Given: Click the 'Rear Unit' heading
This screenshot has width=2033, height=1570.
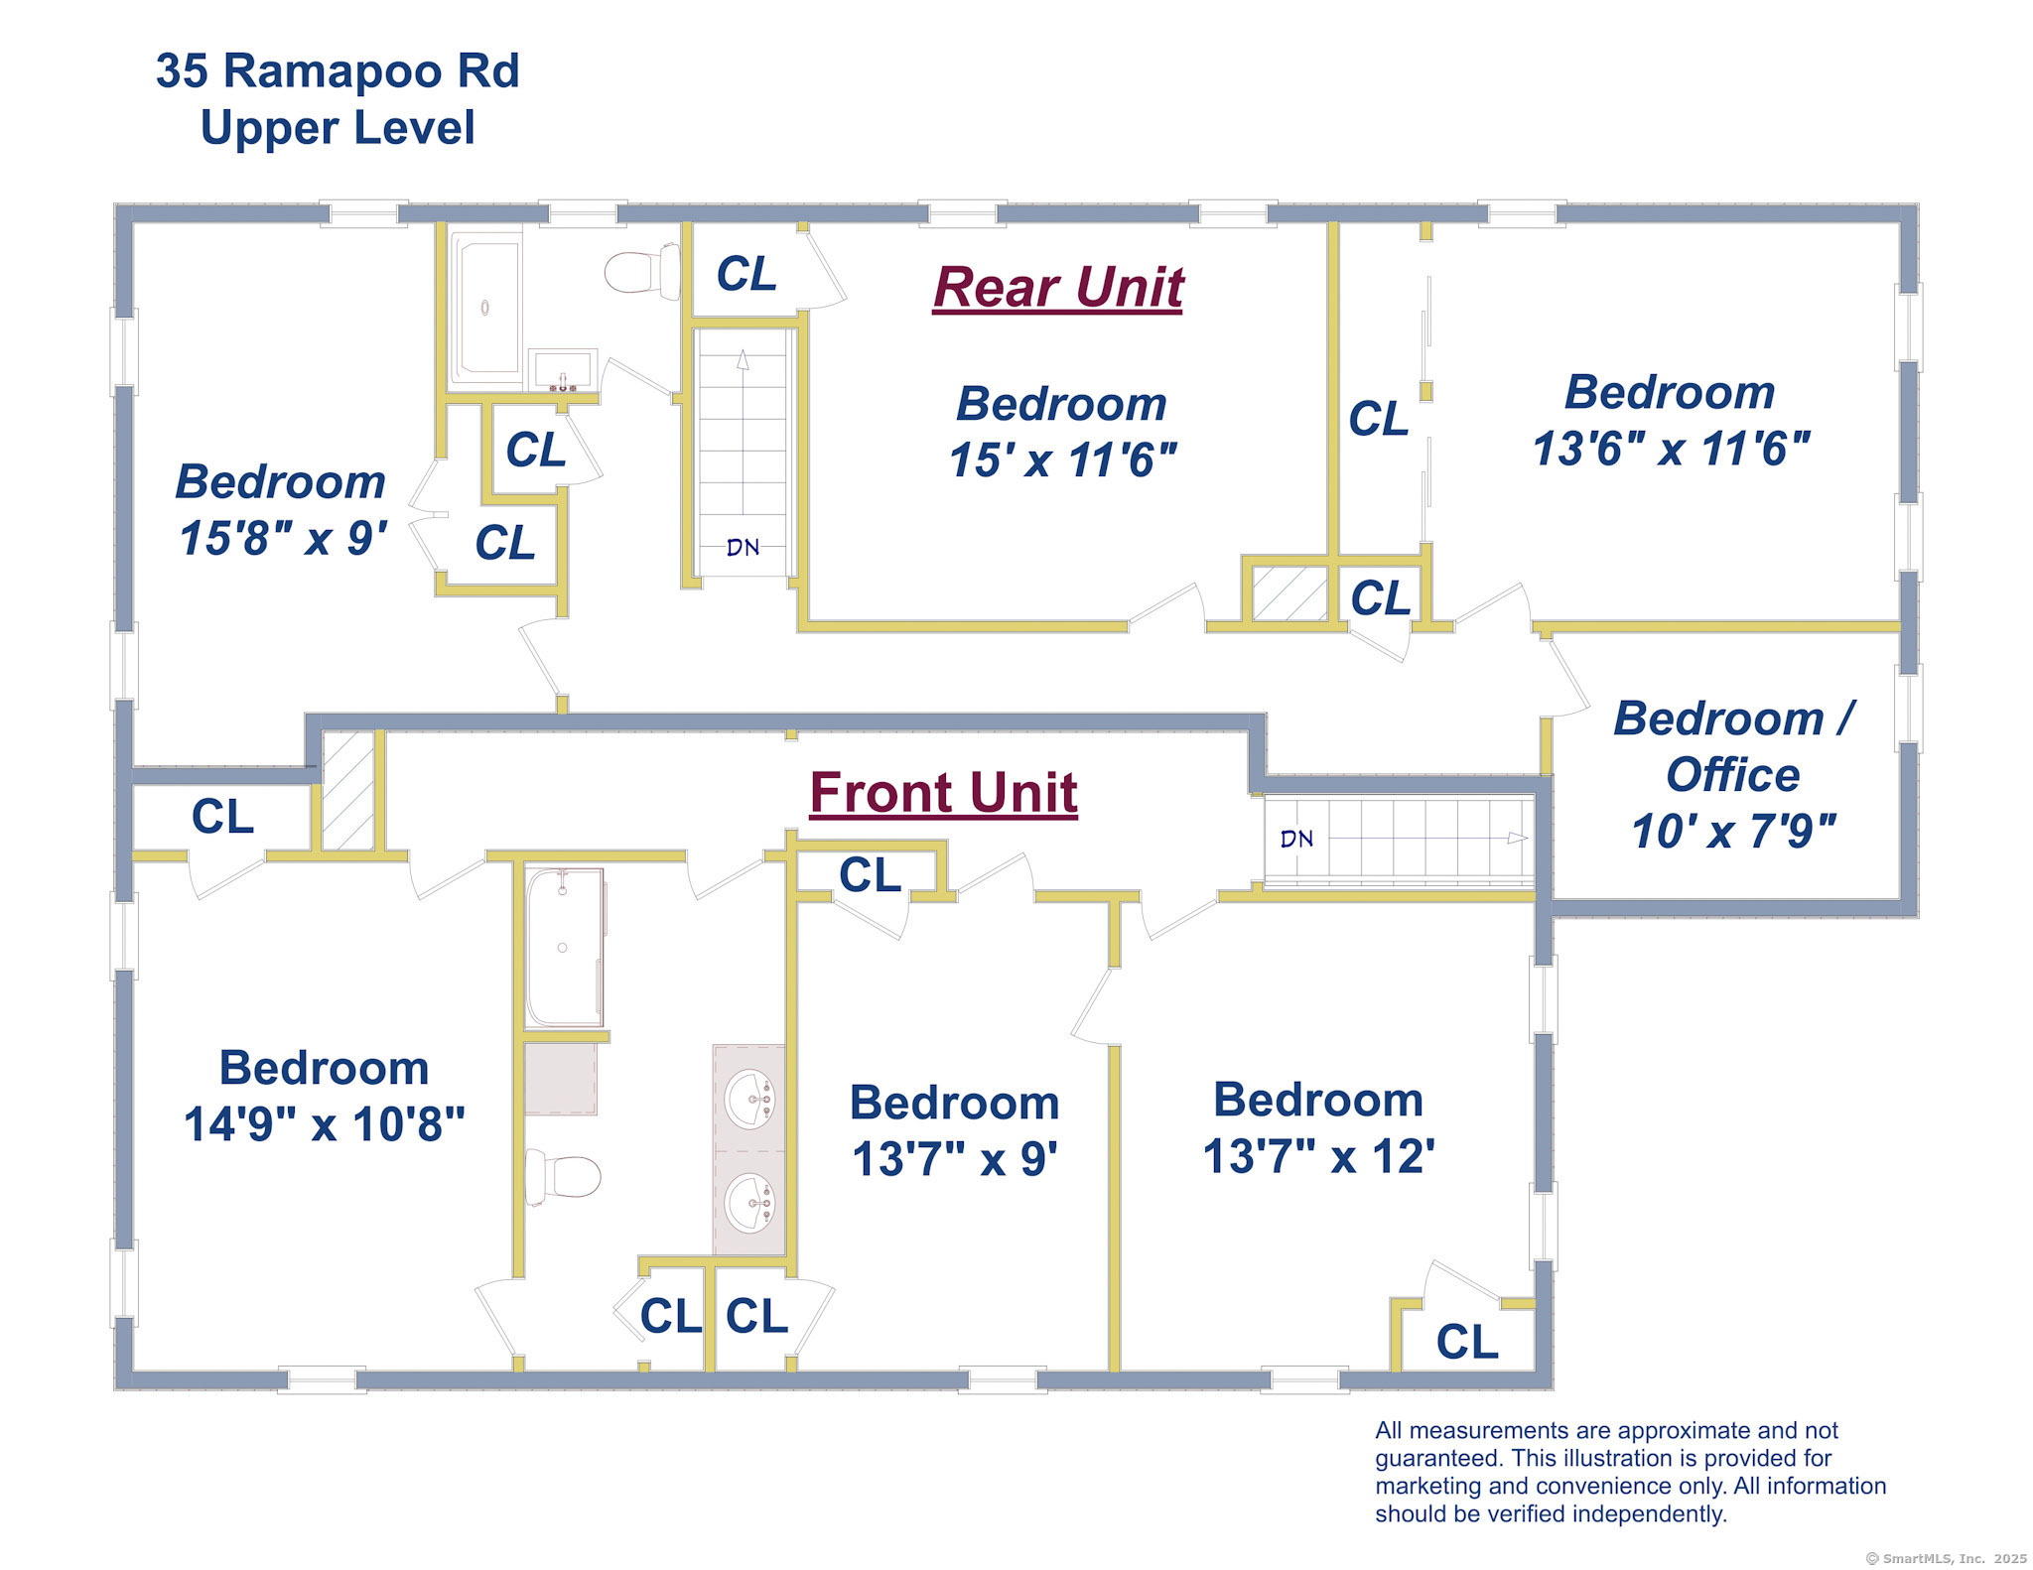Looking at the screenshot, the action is (x=1058, y=288).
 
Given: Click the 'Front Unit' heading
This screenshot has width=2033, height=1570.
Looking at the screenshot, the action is (x=944, y=793).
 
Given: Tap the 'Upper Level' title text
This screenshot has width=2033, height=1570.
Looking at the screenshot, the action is (x=338, y=128).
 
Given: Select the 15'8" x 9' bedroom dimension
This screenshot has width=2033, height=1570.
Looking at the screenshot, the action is (x=283, y=538).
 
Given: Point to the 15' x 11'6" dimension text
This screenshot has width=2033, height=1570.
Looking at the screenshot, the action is (x=1063, y=460).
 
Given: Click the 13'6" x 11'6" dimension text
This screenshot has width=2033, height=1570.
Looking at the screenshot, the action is (x=1672, y=449).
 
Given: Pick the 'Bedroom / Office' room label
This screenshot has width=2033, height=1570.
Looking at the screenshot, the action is (x=1733, y=746).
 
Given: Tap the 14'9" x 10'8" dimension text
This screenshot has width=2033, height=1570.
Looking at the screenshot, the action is (x=325, y=1124).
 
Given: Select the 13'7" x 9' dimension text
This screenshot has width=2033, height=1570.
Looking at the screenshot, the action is (x=955, y=1159).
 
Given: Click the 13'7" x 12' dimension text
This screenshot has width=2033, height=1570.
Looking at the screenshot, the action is (x=1319, y=1156).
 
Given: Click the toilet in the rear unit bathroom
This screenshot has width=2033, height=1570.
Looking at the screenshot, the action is (x=642, y=271).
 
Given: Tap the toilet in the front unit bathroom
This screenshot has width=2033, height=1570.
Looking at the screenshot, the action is (x=563, y=1177).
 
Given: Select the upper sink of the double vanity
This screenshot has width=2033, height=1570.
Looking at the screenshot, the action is (x=749, y=1099).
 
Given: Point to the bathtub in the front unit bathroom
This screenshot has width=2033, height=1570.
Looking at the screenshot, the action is (x=564, y=948).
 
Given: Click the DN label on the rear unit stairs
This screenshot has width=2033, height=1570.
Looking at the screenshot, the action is (x=743, y=547).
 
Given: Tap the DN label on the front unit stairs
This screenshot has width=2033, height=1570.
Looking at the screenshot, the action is (x=1296, y=839).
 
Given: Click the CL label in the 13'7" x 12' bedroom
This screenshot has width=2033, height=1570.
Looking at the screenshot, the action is (x=1467, y=1342).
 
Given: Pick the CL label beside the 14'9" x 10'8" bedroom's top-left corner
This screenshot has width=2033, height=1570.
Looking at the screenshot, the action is (x=222, y=817).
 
